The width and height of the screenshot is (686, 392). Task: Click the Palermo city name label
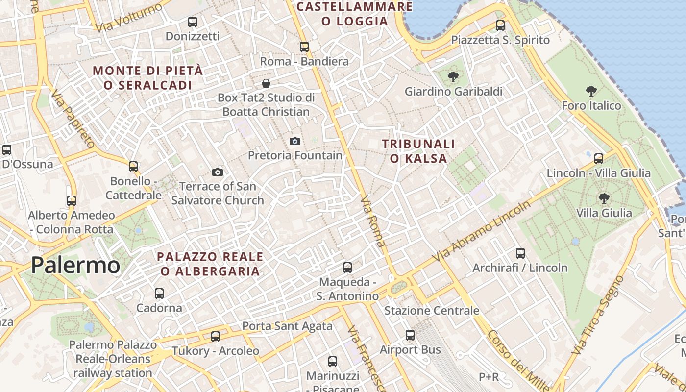[x=75, y=265]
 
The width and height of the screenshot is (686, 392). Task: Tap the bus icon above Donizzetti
[x=193, y=22]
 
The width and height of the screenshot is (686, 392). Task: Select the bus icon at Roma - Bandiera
[x=304, y=47]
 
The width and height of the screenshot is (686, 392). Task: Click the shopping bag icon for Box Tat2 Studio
[x=266, y=83]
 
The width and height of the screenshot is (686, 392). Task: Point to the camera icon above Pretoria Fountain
[x=295, y=142]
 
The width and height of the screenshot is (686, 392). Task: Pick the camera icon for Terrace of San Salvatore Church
[x=218, y=172]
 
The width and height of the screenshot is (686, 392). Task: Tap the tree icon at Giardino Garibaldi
[x=453, y=76]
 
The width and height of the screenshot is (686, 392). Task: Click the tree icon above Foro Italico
[x=591, y=91]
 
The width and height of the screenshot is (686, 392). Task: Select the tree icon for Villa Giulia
[x=604, y=198]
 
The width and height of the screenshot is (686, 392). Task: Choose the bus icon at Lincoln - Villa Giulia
[x=599, y=158]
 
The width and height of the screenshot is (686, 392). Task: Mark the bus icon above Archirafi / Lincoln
[x=520, y=253]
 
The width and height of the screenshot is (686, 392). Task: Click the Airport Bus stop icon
[x=410, y=335]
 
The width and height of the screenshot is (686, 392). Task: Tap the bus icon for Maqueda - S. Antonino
[x=347, y=268]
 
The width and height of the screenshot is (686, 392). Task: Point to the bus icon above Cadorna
[x=159, y=294]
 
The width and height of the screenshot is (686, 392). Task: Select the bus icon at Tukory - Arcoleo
[x=216, y=337]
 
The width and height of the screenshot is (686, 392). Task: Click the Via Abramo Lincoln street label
[x=482, y=231]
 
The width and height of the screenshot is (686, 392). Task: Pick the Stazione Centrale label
[x=432, y=311]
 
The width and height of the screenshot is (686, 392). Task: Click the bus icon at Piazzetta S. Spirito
[x=500, y=25]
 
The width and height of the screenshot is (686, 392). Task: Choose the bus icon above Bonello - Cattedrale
[x=133, y=167]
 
